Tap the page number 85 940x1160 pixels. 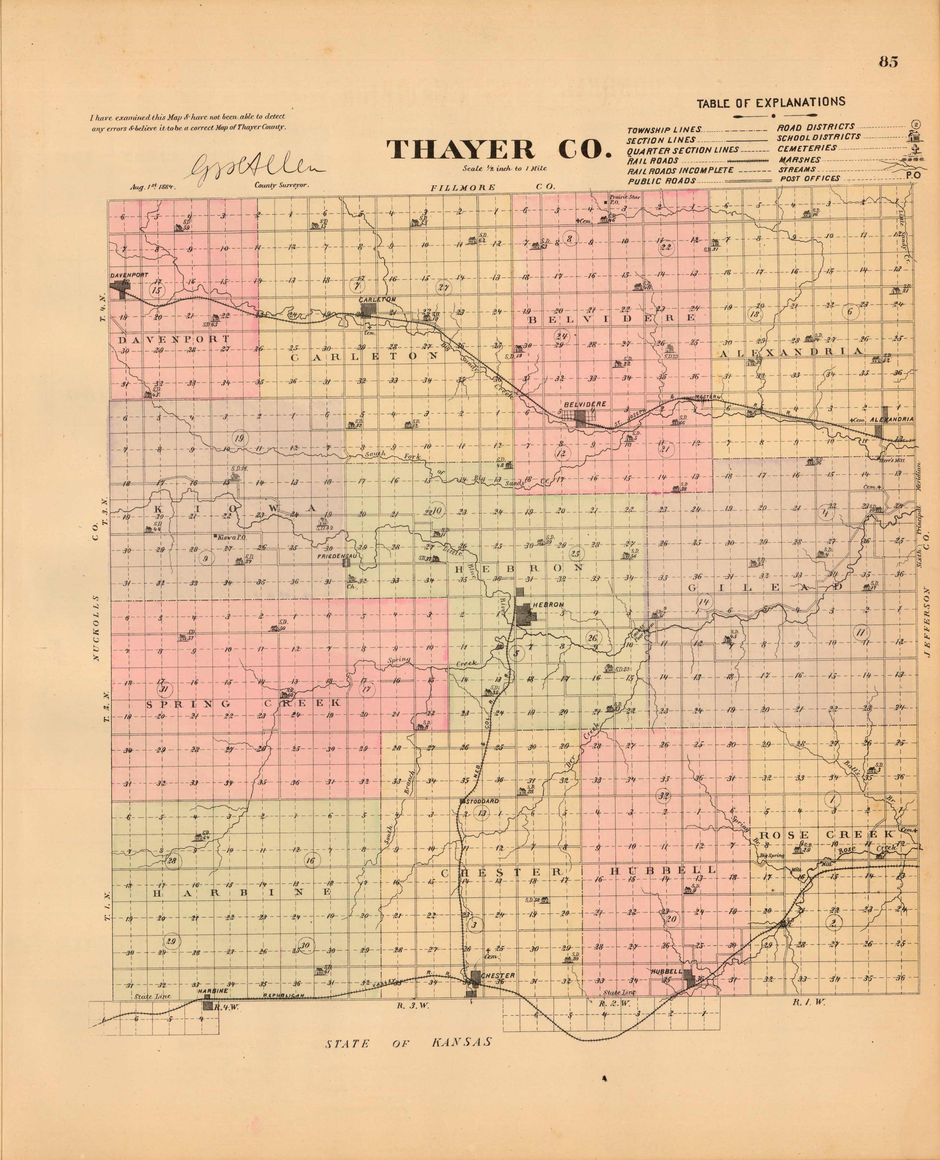pyautogui.click(x=889, y=77)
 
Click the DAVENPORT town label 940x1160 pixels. pyautogui.click(x=129, y=275)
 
